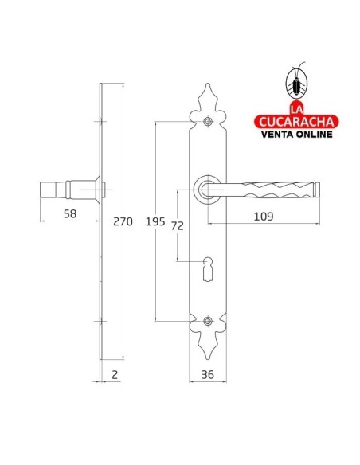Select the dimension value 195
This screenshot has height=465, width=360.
156,222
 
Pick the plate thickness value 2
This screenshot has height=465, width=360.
115,374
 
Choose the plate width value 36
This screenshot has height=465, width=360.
207,374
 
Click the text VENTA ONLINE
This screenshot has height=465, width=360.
295,135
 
